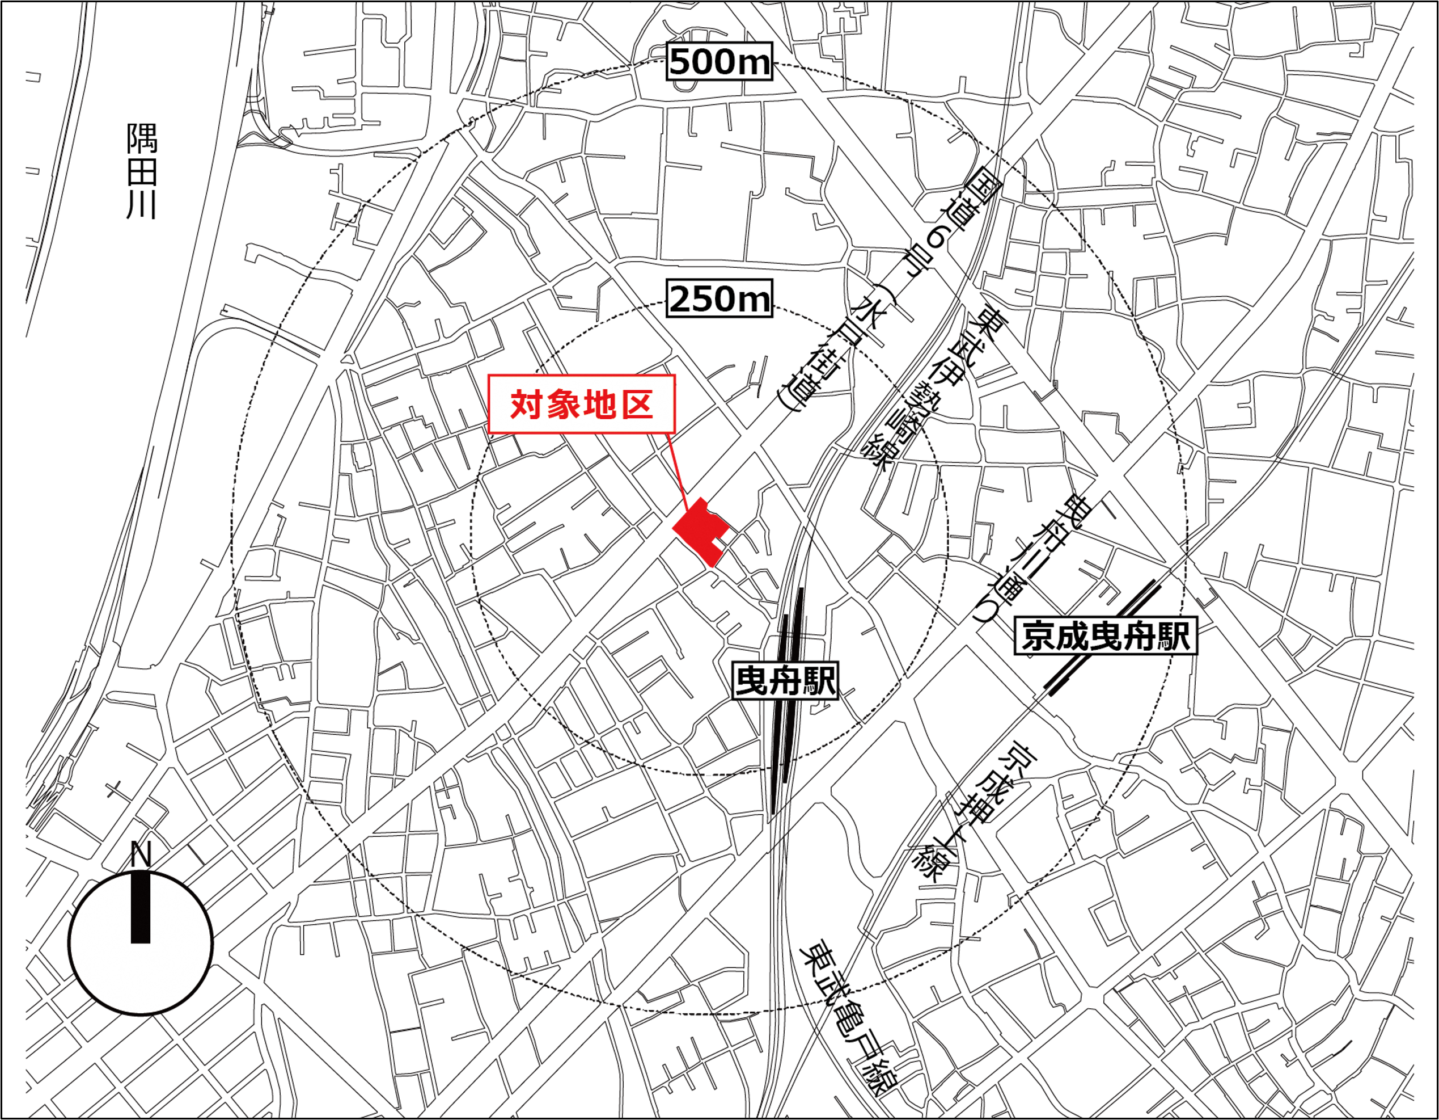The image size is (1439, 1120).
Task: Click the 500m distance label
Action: point(719,62)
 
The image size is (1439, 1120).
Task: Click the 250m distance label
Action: point(719,299)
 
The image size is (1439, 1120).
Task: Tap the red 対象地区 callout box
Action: point(582,404)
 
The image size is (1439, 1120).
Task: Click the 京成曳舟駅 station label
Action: point(1106,636)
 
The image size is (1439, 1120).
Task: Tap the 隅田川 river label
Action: point(142,171)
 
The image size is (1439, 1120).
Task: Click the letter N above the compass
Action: point(141,854)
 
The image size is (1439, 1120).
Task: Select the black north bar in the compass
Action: point(141,907)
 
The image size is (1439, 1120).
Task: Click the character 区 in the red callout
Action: point(637,404)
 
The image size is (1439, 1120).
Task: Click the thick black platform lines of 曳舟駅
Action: point(785,725)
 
